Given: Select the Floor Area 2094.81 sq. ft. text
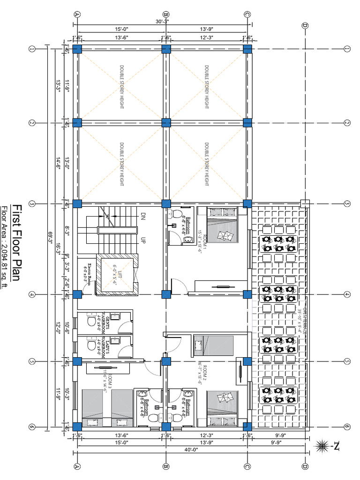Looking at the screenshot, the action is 5,247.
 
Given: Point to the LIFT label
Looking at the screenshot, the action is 117,275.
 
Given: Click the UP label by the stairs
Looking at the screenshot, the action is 142,239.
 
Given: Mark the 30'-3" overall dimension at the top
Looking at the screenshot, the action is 162,21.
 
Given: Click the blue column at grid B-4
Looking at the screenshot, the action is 165,294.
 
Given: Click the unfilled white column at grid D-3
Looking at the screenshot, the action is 305,203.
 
